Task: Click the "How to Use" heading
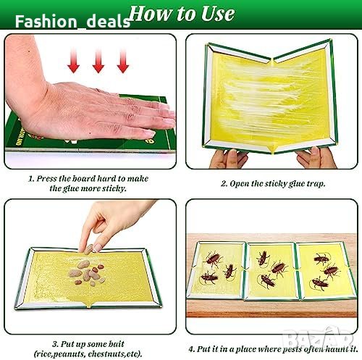[182, 14]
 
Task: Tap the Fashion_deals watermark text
[72, 22]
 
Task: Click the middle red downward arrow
[98, 61]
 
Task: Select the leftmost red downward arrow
[73, 61]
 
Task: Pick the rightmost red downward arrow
[123, 61]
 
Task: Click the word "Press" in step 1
[47, 179]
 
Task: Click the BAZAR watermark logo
[319, 338]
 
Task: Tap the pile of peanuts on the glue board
[88, 273]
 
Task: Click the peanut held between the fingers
[88, 249]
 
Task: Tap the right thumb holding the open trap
[314, 153]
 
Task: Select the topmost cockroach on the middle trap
[264, 259]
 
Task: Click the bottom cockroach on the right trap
[320, 283]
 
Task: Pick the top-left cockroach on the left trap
[213, 259]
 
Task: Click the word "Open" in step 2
[238, 184]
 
